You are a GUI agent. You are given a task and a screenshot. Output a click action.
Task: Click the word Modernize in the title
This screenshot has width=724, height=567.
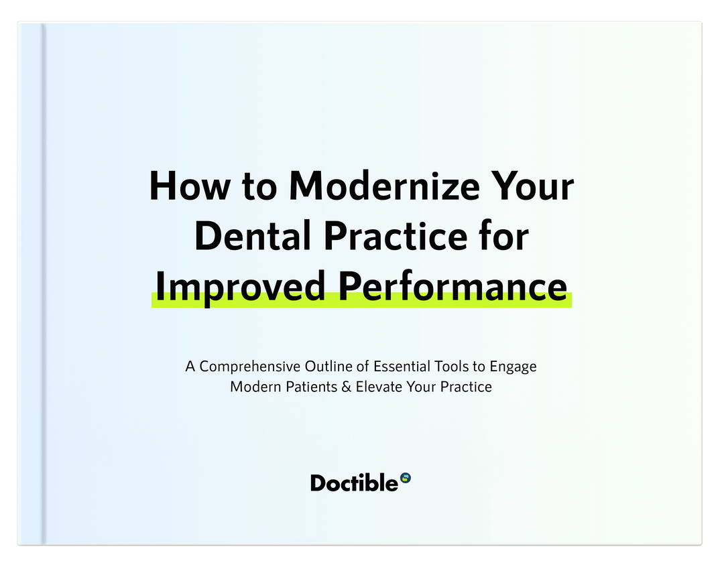384,186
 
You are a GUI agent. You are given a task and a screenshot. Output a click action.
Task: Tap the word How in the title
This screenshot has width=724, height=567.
189,186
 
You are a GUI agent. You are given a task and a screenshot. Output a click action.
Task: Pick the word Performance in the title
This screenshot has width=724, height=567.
453,286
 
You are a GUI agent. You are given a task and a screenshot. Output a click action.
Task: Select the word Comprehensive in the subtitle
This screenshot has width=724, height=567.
250,367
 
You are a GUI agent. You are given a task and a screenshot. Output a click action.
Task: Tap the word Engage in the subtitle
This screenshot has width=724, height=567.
513,367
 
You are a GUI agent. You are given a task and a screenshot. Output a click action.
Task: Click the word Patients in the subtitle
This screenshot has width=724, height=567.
312,387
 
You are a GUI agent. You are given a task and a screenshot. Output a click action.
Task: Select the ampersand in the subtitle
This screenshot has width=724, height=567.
347,387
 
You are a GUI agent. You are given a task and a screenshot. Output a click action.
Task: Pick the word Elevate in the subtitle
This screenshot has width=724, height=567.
379,387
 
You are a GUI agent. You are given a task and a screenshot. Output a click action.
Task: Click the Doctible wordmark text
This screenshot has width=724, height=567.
354,483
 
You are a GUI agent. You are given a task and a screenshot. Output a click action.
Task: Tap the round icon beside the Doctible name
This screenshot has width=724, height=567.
406,478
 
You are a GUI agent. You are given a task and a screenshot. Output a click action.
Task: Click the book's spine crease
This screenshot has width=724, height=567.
44,283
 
